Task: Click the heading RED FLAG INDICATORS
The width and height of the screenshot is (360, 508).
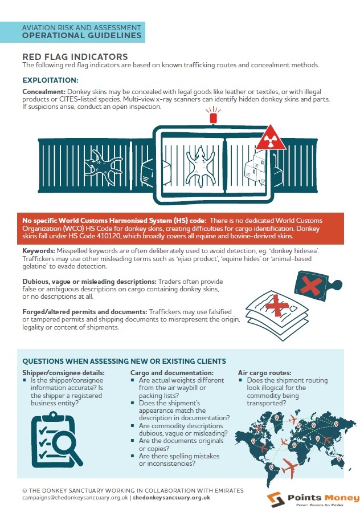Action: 75,56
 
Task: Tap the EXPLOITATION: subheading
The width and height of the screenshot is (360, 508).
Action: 50,80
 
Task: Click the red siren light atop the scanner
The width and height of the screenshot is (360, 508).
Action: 214,118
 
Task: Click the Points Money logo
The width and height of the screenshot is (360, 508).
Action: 312,495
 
